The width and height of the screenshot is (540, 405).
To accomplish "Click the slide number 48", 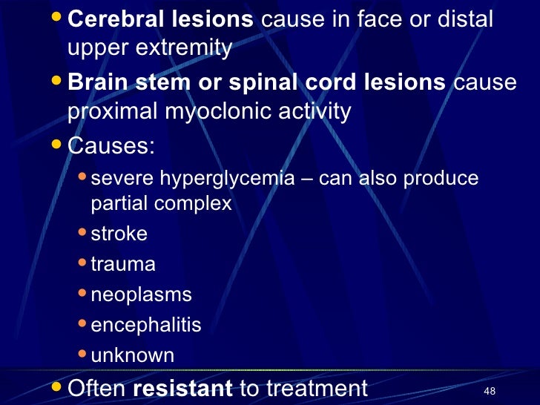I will click(x=489, y=390).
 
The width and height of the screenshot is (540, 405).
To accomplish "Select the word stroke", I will click(x=119, y=234).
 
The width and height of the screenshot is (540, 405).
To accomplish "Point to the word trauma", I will click(x=123, y=264).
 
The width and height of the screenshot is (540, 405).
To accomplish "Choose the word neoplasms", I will click(x=141, y=294).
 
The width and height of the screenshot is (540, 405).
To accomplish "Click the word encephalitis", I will click(x=145, y=325).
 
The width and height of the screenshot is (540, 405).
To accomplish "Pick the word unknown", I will click(x=132, y=355).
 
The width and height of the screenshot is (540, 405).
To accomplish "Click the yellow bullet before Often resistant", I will click(x=59, y=386).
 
